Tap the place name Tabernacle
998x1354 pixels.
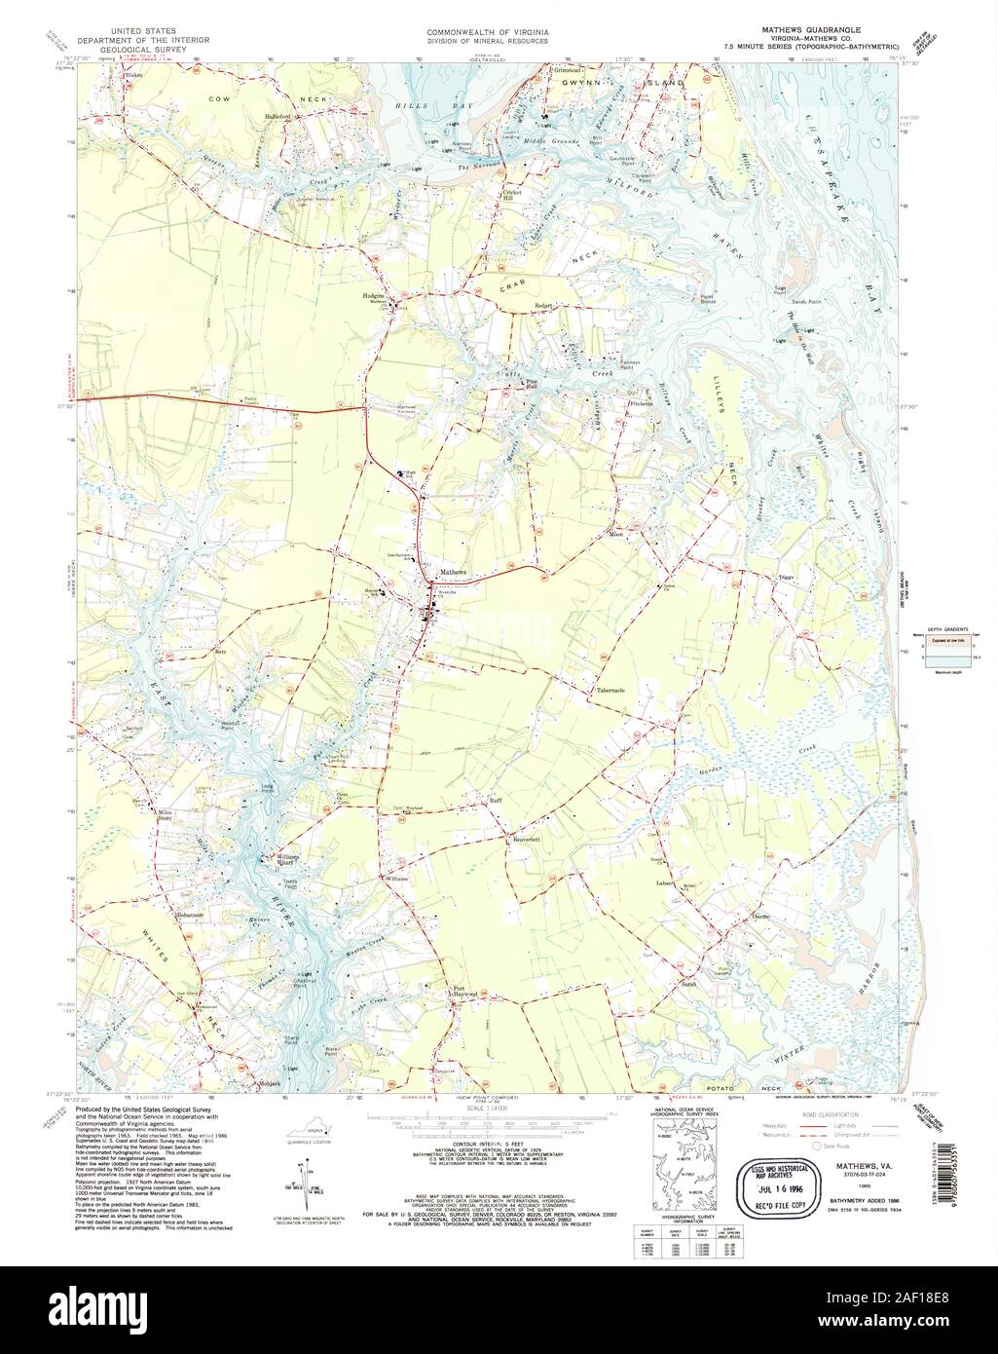pos(610,691)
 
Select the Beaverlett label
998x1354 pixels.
pos(520,838)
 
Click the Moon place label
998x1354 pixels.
pos(615,535)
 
